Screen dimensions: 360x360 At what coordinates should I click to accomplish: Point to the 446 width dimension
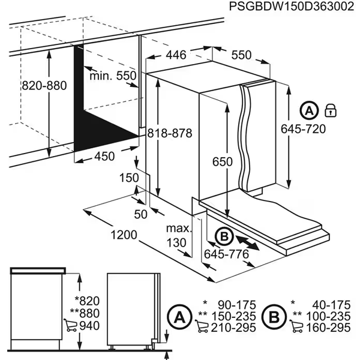click(x=176, y=55)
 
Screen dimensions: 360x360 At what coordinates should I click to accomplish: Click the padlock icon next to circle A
click(x=330, y=110)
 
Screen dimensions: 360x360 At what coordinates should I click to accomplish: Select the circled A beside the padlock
click(x=308, y=110)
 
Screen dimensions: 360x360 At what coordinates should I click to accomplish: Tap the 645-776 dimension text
click(x=225, y=254)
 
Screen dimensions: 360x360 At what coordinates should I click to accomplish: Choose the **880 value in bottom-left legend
click(x=82, y=312)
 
